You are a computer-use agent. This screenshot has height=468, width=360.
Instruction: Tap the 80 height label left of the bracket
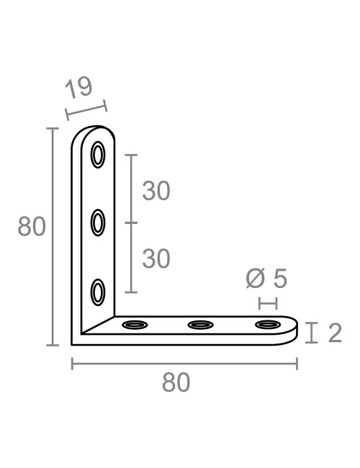pos(32,228)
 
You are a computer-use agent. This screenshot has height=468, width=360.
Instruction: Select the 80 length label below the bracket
pos(176,382)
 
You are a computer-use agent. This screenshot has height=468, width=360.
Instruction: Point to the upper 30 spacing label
pos(156,191)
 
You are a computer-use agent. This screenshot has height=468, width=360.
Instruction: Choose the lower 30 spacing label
pos(156,258)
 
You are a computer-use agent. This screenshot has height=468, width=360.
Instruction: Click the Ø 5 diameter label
pos(266,278)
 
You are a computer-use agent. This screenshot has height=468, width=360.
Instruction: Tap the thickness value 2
pos(334,333)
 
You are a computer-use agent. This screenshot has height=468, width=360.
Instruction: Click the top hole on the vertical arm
pos(97,156)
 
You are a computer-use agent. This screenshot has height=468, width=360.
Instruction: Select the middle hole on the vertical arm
pos(97,223)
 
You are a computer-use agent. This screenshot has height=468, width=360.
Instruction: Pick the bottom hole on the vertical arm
pos(97,292)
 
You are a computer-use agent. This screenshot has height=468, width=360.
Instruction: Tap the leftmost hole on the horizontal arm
pos(134,325)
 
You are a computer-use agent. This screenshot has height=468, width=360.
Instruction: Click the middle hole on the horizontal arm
pos(200,325)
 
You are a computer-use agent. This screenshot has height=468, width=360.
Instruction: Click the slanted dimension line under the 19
pos(86,110)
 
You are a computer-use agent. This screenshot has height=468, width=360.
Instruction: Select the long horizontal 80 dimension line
pos(184,364)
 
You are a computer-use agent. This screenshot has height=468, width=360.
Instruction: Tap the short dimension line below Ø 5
pos(267,303)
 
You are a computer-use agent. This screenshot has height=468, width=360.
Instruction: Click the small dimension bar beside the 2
pos(311,333)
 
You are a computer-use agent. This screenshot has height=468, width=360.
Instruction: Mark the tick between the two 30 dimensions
pos(130,223)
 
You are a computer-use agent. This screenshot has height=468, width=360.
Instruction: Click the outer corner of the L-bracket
pos(73,344)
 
